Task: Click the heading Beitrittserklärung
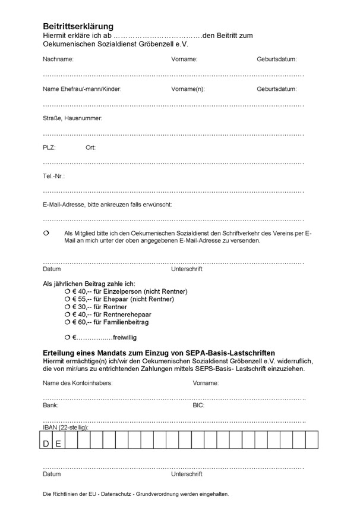(78, 27)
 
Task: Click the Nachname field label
(58, 59)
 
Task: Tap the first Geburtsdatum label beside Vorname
(277, 59)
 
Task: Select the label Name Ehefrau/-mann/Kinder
(82, 89)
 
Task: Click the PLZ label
(49, 147)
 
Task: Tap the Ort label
(90, 147)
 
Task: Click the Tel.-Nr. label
(53, 177)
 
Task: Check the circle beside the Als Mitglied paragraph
(46, 234)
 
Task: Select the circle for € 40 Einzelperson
(67, 291)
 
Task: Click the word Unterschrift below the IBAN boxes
(187, 475)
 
